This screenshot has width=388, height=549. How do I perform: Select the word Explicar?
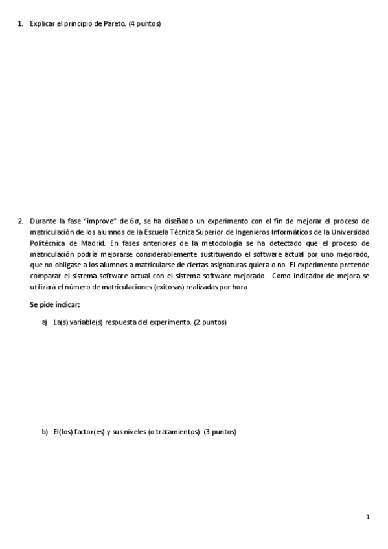[42, 24]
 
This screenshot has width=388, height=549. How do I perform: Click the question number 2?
[20, 221]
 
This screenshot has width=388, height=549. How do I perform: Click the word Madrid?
[93, 243]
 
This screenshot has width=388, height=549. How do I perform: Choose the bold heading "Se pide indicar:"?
[54, 304]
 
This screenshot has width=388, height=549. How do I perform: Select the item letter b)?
[45, 432]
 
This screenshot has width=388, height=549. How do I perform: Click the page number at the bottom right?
[367, 517]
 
